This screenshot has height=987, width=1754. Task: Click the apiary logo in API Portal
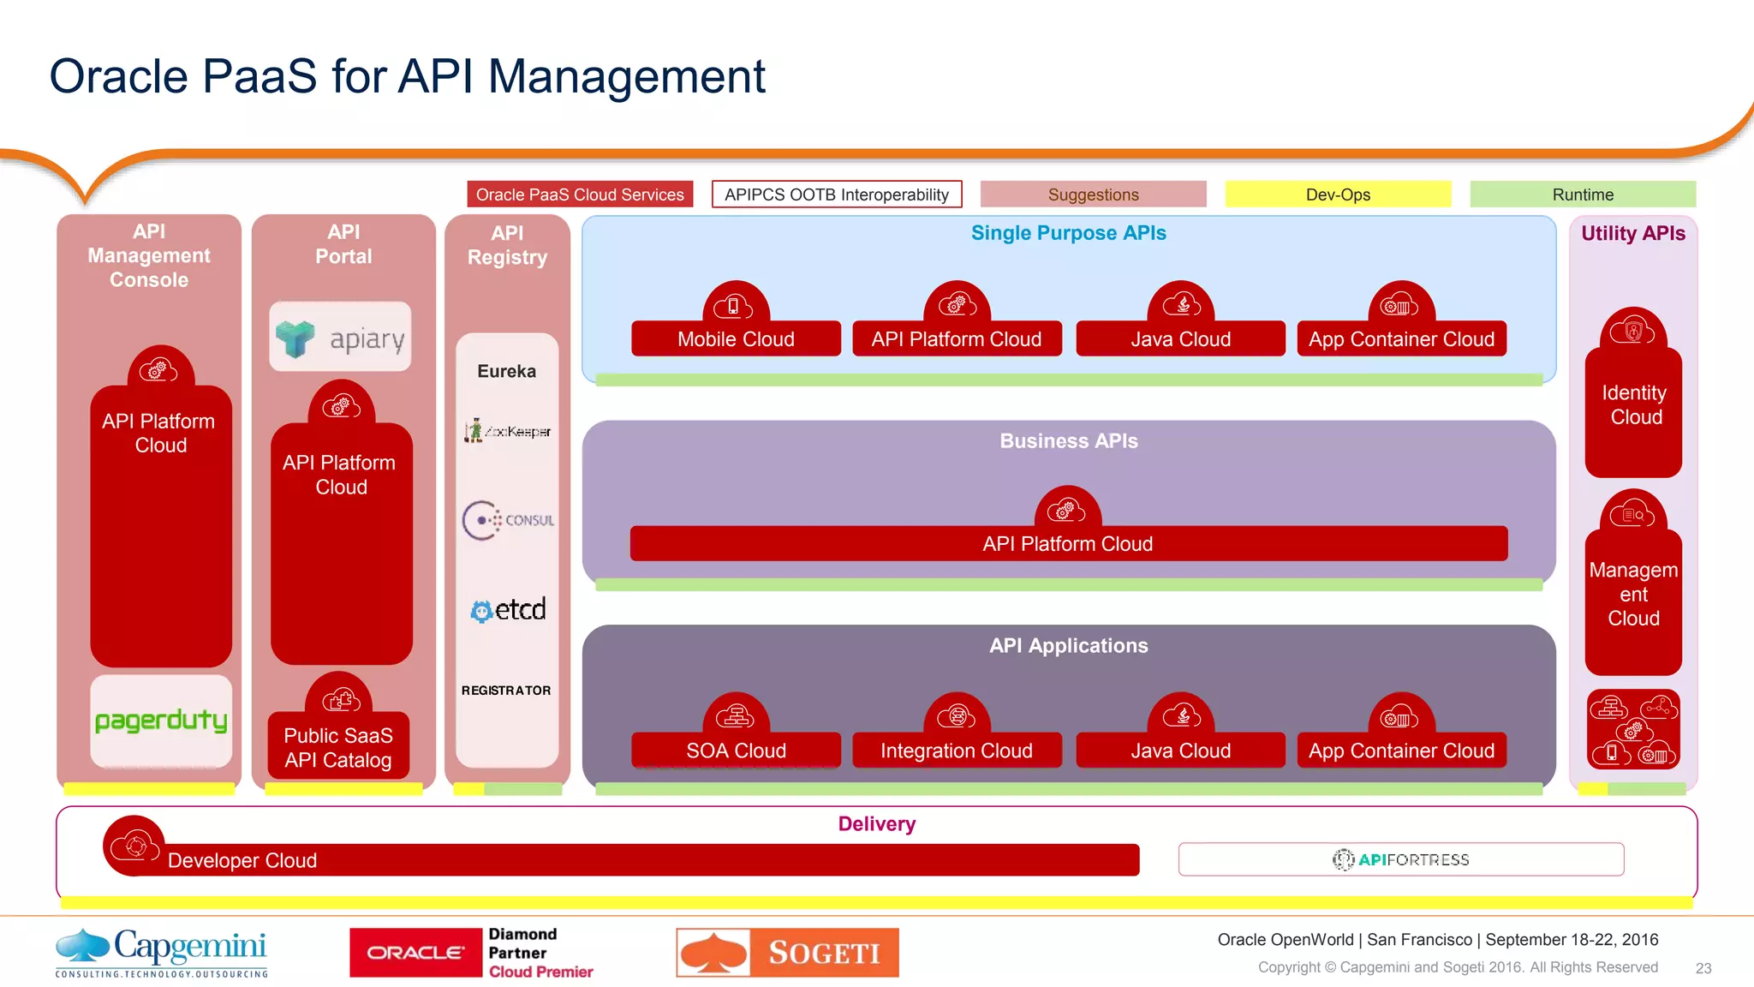tap(341, 338)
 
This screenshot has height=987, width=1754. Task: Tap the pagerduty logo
tap(161, 721)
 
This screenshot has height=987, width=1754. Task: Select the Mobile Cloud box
tap(736, 339)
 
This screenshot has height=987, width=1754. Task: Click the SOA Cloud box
tap(736, 751)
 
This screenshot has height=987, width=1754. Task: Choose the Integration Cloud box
tap(957, 751)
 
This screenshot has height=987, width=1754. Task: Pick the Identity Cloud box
tap(1633, 406)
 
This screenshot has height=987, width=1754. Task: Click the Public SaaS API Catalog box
tap(338, 747)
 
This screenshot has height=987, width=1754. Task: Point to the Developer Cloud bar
tap(634, 860)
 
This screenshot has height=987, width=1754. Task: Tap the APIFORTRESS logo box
tap(1401, 859)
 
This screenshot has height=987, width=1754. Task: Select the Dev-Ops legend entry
tap(1338, 194)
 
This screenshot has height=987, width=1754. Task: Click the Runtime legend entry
tap(1583, 194)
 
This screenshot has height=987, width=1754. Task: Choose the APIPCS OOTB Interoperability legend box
tap(837, 194)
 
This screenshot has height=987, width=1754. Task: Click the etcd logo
tap(508, 610)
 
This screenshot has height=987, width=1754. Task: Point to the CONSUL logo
tap(508, 520)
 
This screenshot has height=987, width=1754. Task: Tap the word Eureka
tap(507, 371)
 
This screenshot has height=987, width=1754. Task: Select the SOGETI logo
tap(787, 953)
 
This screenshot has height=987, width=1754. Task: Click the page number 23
tap(1703, 968)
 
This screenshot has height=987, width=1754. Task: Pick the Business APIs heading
tap(1068, 441)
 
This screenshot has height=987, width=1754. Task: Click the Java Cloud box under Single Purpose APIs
tap(1180, 339)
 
